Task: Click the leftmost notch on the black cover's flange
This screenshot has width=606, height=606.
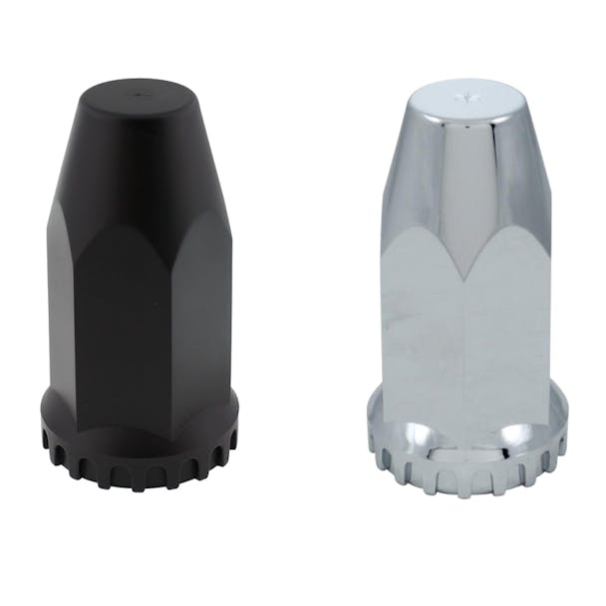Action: click(x=50, y=440)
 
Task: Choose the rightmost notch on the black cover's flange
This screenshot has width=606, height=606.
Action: click(x=230, y=440)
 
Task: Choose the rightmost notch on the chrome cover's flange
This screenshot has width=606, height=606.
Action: click(x=559, y=440)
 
